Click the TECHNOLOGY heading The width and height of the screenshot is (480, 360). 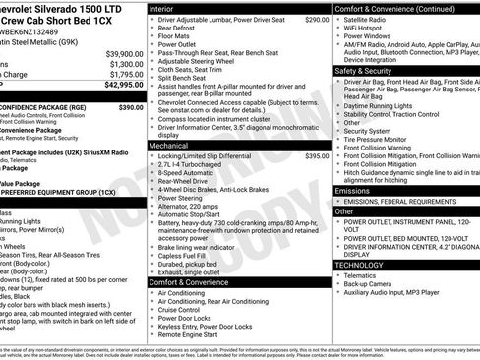point(361,265)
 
